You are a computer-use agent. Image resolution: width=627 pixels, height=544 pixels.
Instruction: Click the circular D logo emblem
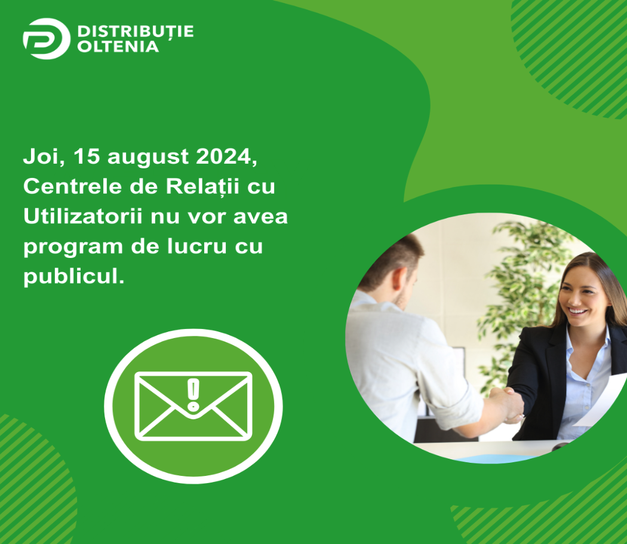click(x=47, y=38)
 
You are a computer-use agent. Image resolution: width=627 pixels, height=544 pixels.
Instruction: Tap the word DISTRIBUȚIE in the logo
click(x=136, y=32)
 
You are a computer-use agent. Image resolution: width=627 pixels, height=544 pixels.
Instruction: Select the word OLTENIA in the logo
click(x=118, y=47)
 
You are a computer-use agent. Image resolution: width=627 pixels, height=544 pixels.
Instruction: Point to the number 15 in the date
click(x=87, y=156)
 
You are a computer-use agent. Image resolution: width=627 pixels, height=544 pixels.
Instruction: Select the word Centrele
click(x=73, y=186)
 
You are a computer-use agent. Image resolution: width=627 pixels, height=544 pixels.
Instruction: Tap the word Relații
click(x=202, y=187)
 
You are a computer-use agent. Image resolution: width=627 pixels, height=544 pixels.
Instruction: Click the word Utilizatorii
click(x=83, y=216)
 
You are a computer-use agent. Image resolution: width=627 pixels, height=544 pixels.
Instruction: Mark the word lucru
click(x=196, y=246)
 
